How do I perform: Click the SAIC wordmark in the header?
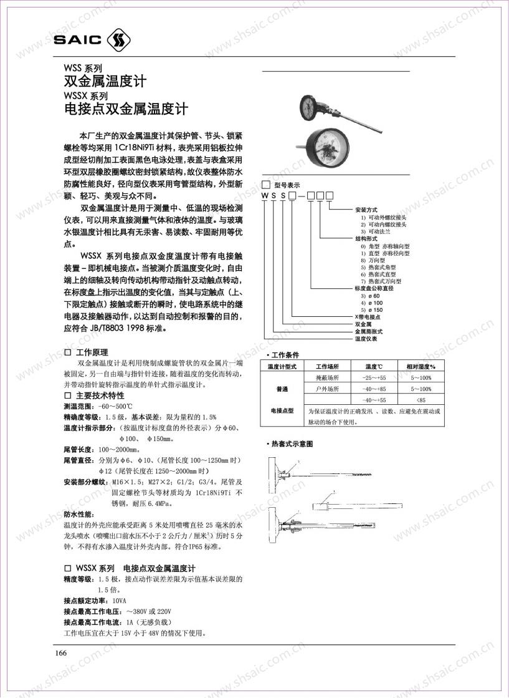click(78, 41)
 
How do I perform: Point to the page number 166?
click(61, 652)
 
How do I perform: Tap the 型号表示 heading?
click(287, 185)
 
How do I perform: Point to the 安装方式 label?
click(366, 210)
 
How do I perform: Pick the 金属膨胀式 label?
click(369, 331)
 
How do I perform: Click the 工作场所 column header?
click(326, 367)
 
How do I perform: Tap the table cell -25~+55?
click(374, 378)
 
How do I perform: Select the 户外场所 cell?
click(328, 389)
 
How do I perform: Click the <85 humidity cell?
click(421, 399)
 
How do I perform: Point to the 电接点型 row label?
click(282, 410)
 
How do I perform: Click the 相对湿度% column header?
click(421, 367)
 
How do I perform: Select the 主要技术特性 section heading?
click(100, 395)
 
